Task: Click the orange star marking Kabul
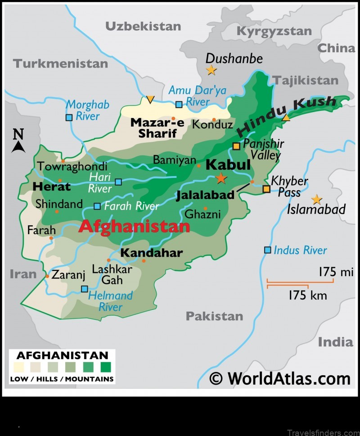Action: click(x=221, y=178)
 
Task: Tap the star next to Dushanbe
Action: click(x=211, y=70)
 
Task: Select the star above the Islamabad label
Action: click(x=317, y=199)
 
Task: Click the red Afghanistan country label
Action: click(x=134, y=227)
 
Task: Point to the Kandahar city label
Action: click(x=151, y=253)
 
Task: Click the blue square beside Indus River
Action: click(x=268, y=250)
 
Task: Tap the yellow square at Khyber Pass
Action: click(x=266, y=189)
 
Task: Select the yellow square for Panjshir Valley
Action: click(x=236, y=146)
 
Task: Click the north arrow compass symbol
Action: click(x=18, y=141)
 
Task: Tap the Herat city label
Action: click(x=52, y=186)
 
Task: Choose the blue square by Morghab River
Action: click(x=69, y=118)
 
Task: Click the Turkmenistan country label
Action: click(x=60, y=63)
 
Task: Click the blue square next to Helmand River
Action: click(x=84, y=289)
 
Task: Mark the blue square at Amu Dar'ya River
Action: click(x=179, y=104)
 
